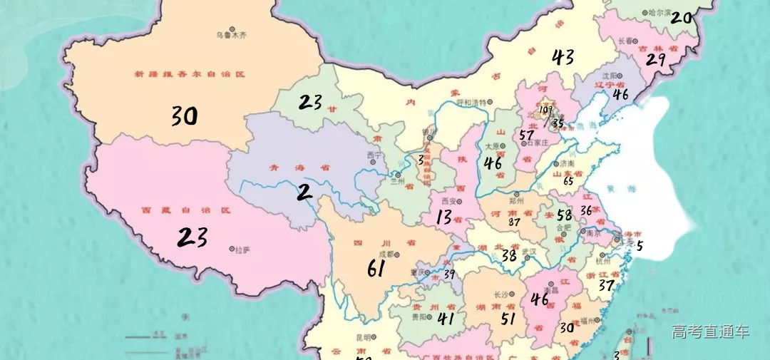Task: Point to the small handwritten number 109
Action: pyautogui.click(x=546, y=110)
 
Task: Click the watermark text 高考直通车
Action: pyautogui.click(x=709, y=331)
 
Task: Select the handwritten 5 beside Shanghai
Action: pyautogui.click(x=640, y=246)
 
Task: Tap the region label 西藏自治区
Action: pyautogui.click(x=187, y=211)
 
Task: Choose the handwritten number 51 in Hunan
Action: pyautogui.click(x=508, y=318)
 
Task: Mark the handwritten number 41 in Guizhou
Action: pyautogui.click(x=446, y=319)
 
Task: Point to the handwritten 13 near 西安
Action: pyautogui.click(x=444, y=217)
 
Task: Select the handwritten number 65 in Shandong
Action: pyautogui.click(x=568, y=181)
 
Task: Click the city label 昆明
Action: pyautogui.click(x=364, y=337)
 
